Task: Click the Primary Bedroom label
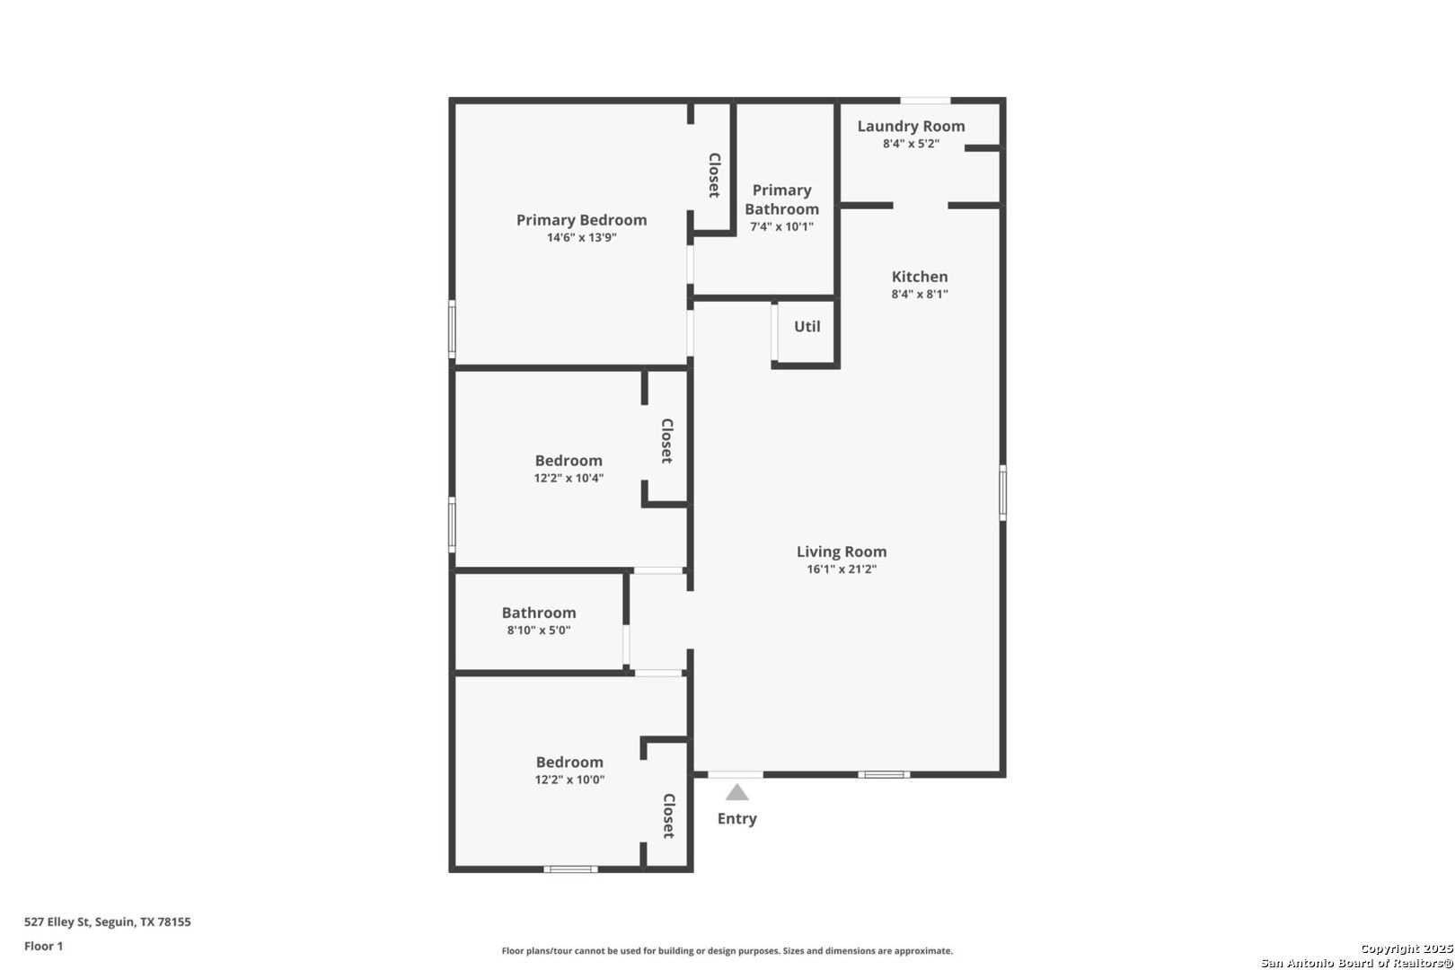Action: point(581,220)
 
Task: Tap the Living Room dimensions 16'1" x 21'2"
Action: point(842,569)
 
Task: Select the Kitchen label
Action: point(920,277)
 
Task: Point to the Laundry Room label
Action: point(911,127)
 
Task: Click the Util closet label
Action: point(807,327)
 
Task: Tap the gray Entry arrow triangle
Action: point(737,792)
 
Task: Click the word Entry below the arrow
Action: point(736,819)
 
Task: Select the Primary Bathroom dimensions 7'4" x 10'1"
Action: point(781,227)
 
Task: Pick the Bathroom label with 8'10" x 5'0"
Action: point(539,613)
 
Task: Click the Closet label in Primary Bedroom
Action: point(714,175)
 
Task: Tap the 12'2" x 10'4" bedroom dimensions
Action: point(569,479)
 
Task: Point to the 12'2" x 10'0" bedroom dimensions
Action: point(569,780)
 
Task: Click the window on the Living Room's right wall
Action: point(1002,492)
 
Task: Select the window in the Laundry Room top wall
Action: point(926,100)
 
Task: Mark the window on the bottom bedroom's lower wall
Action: point(570,869)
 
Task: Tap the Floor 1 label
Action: point(44,946)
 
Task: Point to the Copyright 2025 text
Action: point(1406,949)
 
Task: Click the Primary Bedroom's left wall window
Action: point(452,330)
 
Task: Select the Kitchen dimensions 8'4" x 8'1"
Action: point(920,295)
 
